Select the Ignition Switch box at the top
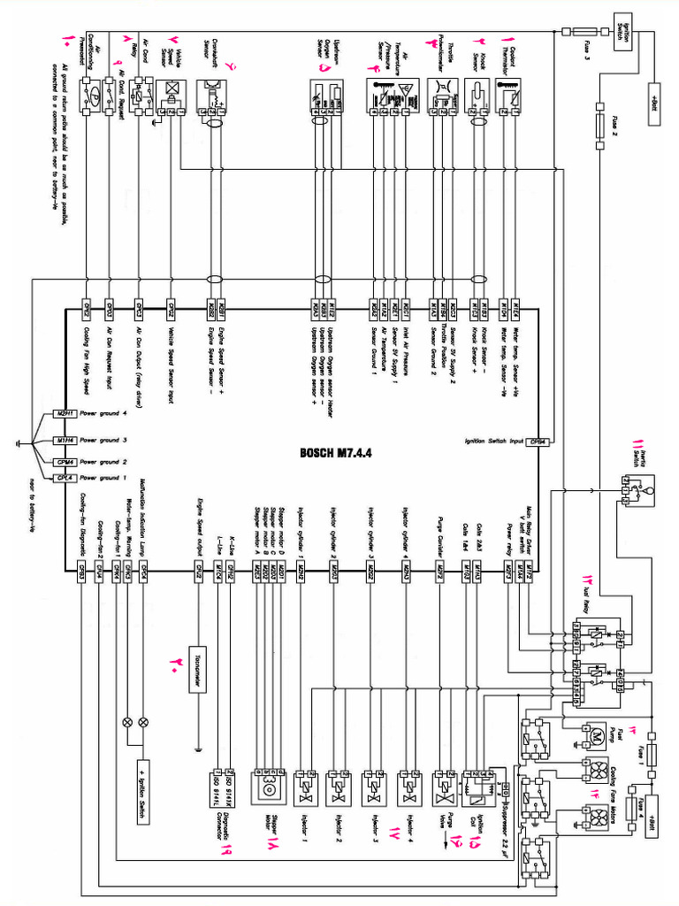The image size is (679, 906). tap(622, 32)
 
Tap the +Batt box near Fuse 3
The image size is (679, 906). tap(655, 96)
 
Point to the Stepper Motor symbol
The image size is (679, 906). tap(267, 783)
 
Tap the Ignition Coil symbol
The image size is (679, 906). tap(479, 783)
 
